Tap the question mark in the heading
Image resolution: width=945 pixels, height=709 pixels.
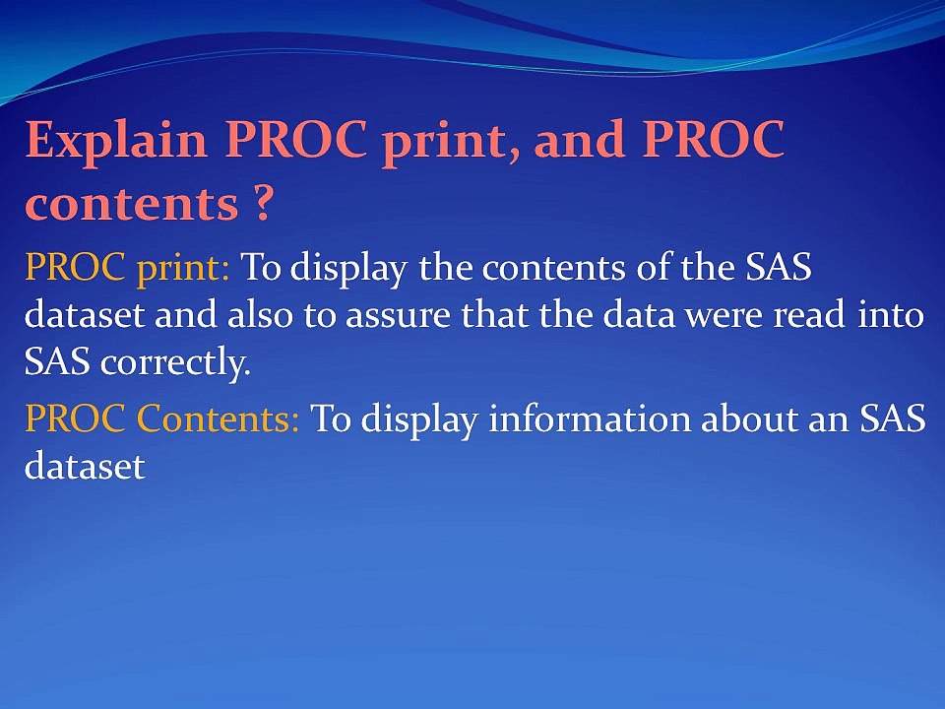(257, 205)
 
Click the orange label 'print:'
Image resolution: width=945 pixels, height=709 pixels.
(184, 267)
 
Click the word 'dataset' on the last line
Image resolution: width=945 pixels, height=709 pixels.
(84, 467)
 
